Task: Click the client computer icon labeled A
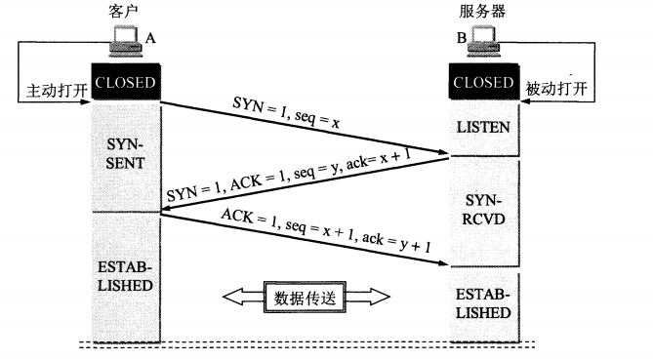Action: click(125, 41)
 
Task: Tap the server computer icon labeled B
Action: click(483, 41)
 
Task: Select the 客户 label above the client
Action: click(122, 12)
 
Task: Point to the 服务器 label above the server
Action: click(482, 12)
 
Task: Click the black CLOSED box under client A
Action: click(126, 82)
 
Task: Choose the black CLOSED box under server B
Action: click(484, 82)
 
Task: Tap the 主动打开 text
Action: click(57, 91)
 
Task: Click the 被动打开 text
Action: click(556, 89)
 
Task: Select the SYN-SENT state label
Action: click(125, 153)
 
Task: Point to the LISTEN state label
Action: click(483, 127)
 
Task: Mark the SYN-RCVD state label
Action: click(483, 210)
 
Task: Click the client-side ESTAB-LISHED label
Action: click(125, 276)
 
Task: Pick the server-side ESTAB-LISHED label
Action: click(483, 303)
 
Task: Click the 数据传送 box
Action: click(305, 298)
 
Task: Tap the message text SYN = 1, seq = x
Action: click(286, 112)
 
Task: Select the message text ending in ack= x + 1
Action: click(289, 175)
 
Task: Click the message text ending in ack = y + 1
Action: click(326, 230)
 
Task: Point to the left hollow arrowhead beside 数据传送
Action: click(243, 297)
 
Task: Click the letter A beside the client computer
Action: click(150, 38)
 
